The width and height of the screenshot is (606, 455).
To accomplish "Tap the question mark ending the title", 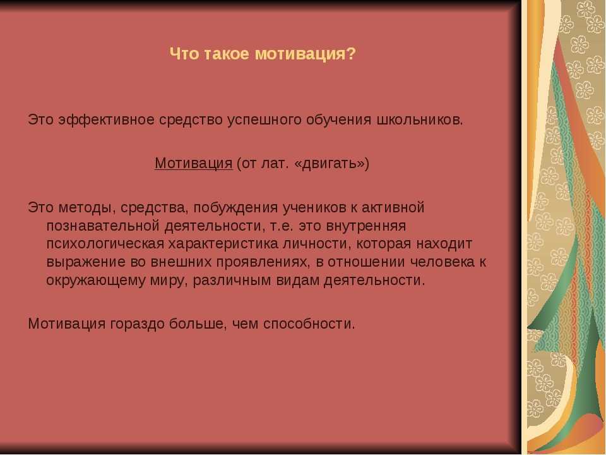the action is [x=350, y=54].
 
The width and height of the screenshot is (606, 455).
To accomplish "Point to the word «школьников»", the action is [x=419, y=120].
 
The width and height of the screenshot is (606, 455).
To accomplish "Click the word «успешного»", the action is [x=264, y=120].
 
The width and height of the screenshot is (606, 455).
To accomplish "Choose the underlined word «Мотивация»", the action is [x=194, y=163].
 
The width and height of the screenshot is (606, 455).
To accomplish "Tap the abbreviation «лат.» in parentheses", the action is [x=275, y=164].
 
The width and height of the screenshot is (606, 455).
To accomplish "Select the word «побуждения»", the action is [x=235, y=208].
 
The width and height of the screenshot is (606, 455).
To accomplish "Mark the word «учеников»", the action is [x=314, y=208].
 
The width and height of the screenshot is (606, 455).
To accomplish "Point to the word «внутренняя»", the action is [x=366, y=226].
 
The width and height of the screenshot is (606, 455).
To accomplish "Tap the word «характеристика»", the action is [x=223, y=244].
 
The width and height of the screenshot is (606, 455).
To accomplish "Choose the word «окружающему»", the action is [x=96, y=281].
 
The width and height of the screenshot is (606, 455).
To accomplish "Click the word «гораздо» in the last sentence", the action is [x=137, y=324].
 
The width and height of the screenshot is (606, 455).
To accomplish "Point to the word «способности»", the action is [x=309, y=324].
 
